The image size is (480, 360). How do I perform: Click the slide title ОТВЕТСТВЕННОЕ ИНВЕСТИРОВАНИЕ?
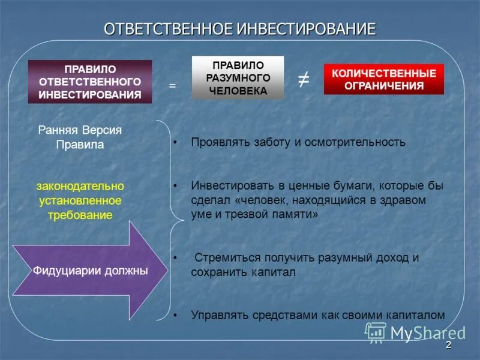point(240,29)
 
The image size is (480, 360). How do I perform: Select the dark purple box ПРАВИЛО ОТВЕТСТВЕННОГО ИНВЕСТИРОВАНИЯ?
point(90,82)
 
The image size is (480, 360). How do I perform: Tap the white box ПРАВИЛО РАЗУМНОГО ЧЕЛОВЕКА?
point(238,77)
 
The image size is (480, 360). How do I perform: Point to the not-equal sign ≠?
point(304,80)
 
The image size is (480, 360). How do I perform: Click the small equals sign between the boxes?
point(172,86)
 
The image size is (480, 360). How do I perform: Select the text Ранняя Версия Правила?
point(80,137)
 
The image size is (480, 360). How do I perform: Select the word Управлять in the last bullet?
point(215,314)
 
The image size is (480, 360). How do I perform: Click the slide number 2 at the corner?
point(448,347)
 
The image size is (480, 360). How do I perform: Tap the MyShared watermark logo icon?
point(376,332)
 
